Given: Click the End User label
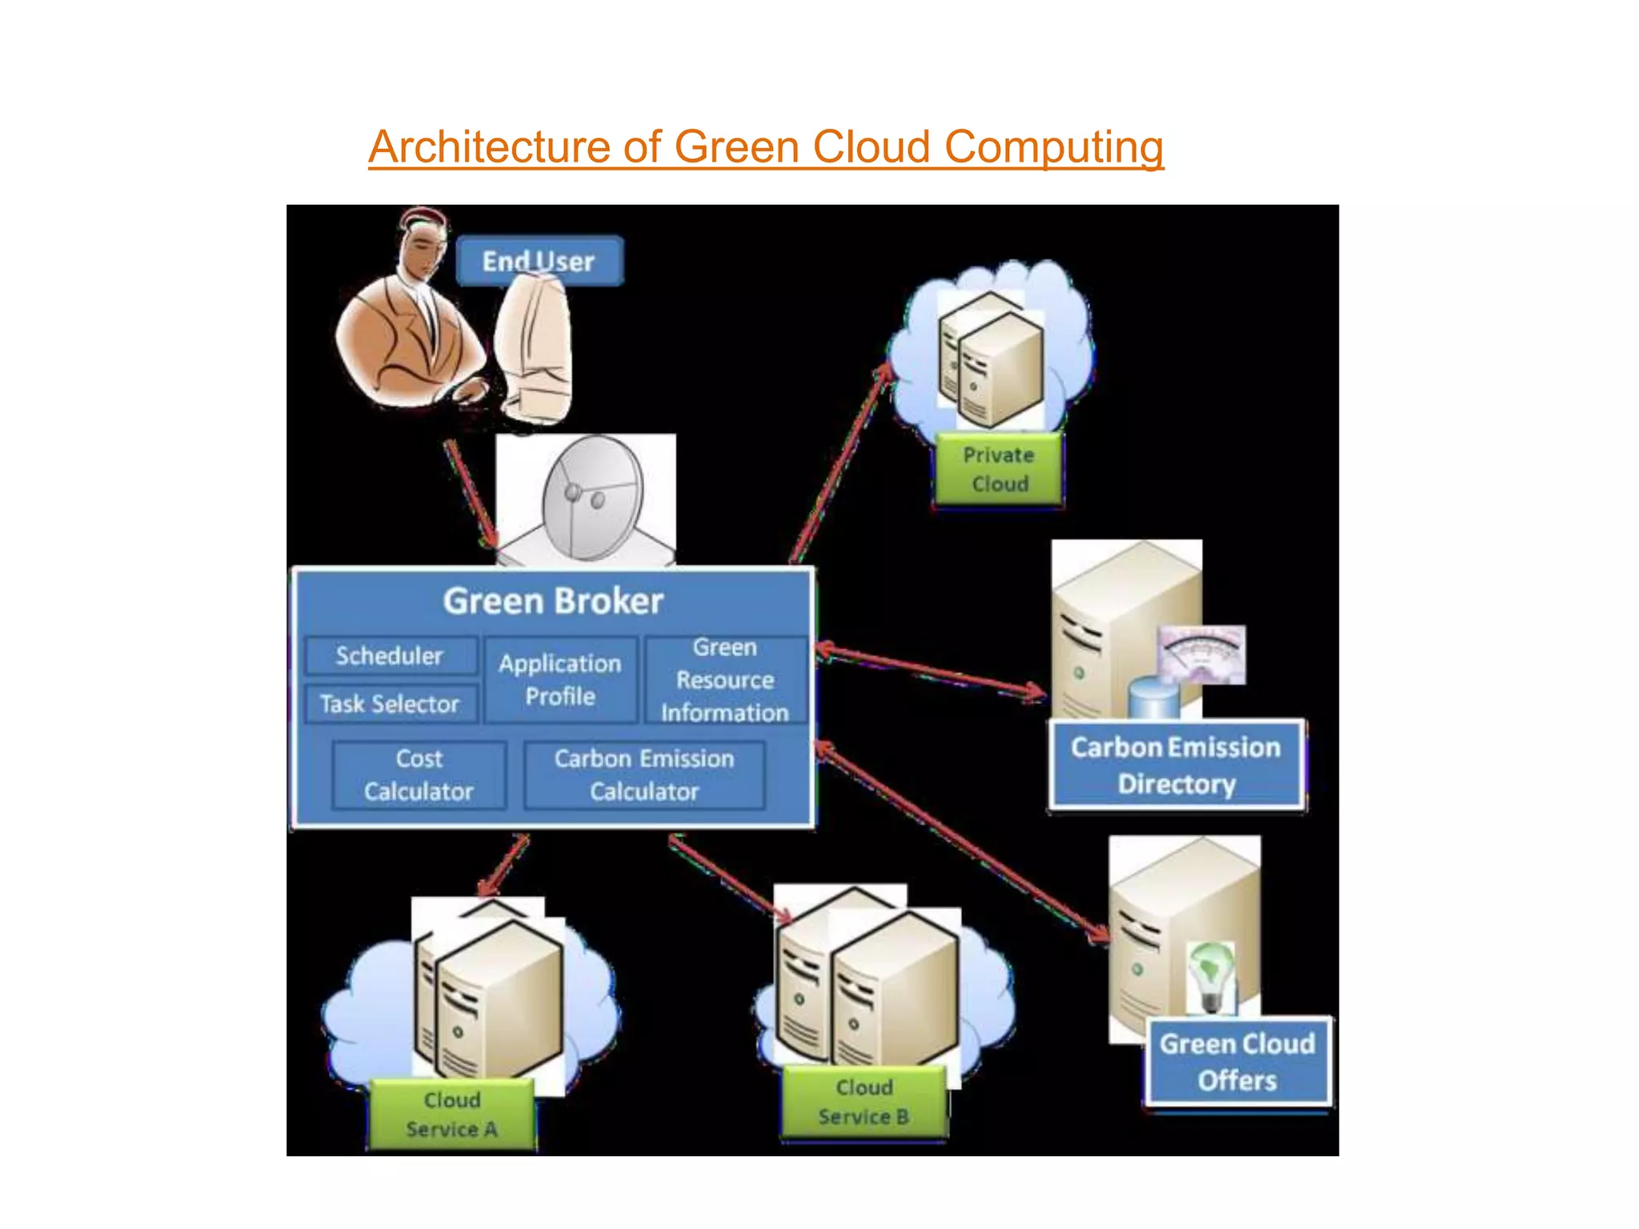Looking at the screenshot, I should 539,262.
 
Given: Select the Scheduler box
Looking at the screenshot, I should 390,656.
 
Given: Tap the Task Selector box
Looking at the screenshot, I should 390,704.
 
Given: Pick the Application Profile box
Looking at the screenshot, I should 560,680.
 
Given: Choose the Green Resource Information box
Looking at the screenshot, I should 725,680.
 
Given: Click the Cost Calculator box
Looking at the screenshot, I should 419,775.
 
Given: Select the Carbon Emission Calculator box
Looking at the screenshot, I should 644,775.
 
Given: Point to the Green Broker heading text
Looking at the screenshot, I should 553,601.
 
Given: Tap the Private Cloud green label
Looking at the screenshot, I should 999,470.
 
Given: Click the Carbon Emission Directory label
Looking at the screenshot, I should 1176,766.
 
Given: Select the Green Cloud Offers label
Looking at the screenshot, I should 1237,1063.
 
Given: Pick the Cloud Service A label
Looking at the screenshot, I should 451,1115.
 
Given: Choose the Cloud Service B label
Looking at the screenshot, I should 864,1103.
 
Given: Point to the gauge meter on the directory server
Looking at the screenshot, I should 1202,654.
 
